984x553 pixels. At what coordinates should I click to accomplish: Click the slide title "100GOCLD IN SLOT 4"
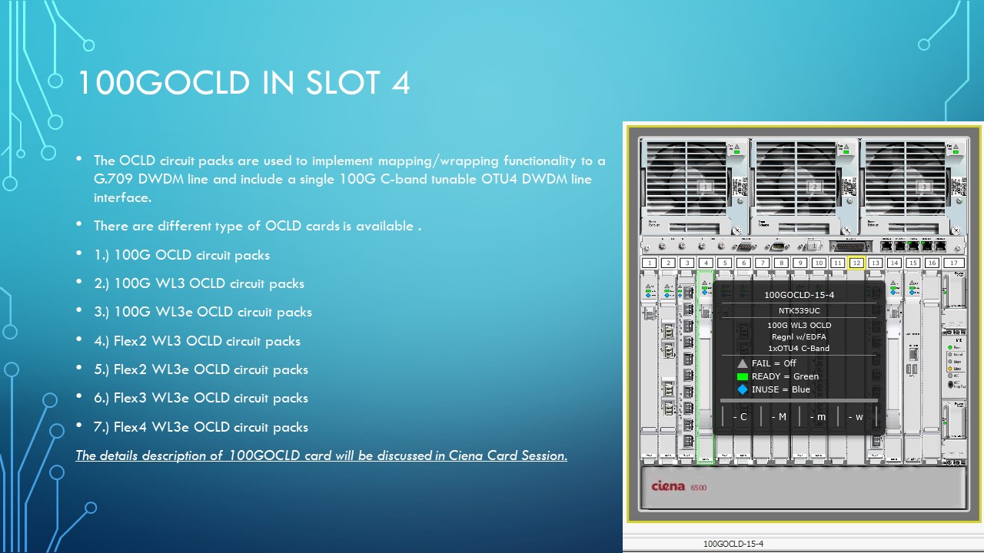[243, 84]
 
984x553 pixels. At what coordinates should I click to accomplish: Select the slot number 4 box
[706, 263]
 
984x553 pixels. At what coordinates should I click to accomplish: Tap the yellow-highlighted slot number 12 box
[856, 263]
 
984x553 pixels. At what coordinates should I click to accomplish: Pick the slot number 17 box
[954, 263]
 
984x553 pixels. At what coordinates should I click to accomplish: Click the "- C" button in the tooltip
[740, 417]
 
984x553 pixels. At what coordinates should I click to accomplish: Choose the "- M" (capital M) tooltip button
[779, 417]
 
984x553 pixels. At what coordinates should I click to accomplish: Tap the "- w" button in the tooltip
[856, 417]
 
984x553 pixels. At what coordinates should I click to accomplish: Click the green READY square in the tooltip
[743, 376]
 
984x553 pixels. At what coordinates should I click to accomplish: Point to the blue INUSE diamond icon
[743, 389]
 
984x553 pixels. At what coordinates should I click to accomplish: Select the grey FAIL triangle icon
[743, 363]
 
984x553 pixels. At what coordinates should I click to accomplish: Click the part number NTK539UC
[799, 310]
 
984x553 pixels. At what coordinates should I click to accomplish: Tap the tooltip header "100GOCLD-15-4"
[799, 295]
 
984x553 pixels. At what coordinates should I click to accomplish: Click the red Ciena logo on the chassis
[668, 486]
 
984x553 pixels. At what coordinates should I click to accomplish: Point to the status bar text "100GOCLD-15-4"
[733, 544]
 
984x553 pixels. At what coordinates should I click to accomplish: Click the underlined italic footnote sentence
[321, 455]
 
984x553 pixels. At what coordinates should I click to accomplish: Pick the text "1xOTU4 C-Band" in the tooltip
[799, 348]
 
